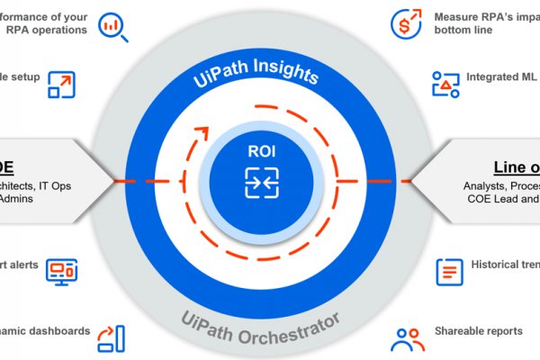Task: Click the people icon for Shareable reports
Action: [407, 337]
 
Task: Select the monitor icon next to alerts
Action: [62, 272]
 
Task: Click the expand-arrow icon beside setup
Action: [62, 82]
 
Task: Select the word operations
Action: [59, 30]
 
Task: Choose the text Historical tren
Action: [505, 265]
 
